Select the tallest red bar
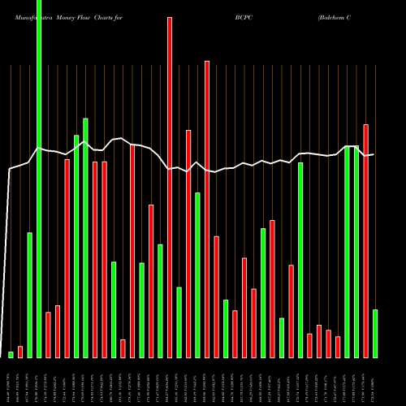click(170, 187)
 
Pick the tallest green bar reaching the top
click(39, 179)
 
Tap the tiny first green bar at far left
click(11, 354)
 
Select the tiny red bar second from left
click(20, 352)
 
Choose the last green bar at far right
click(375, 333)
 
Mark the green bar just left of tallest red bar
click(160, 300)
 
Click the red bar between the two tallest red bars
click(188, 244)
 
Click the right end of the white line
click(373, 154)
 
